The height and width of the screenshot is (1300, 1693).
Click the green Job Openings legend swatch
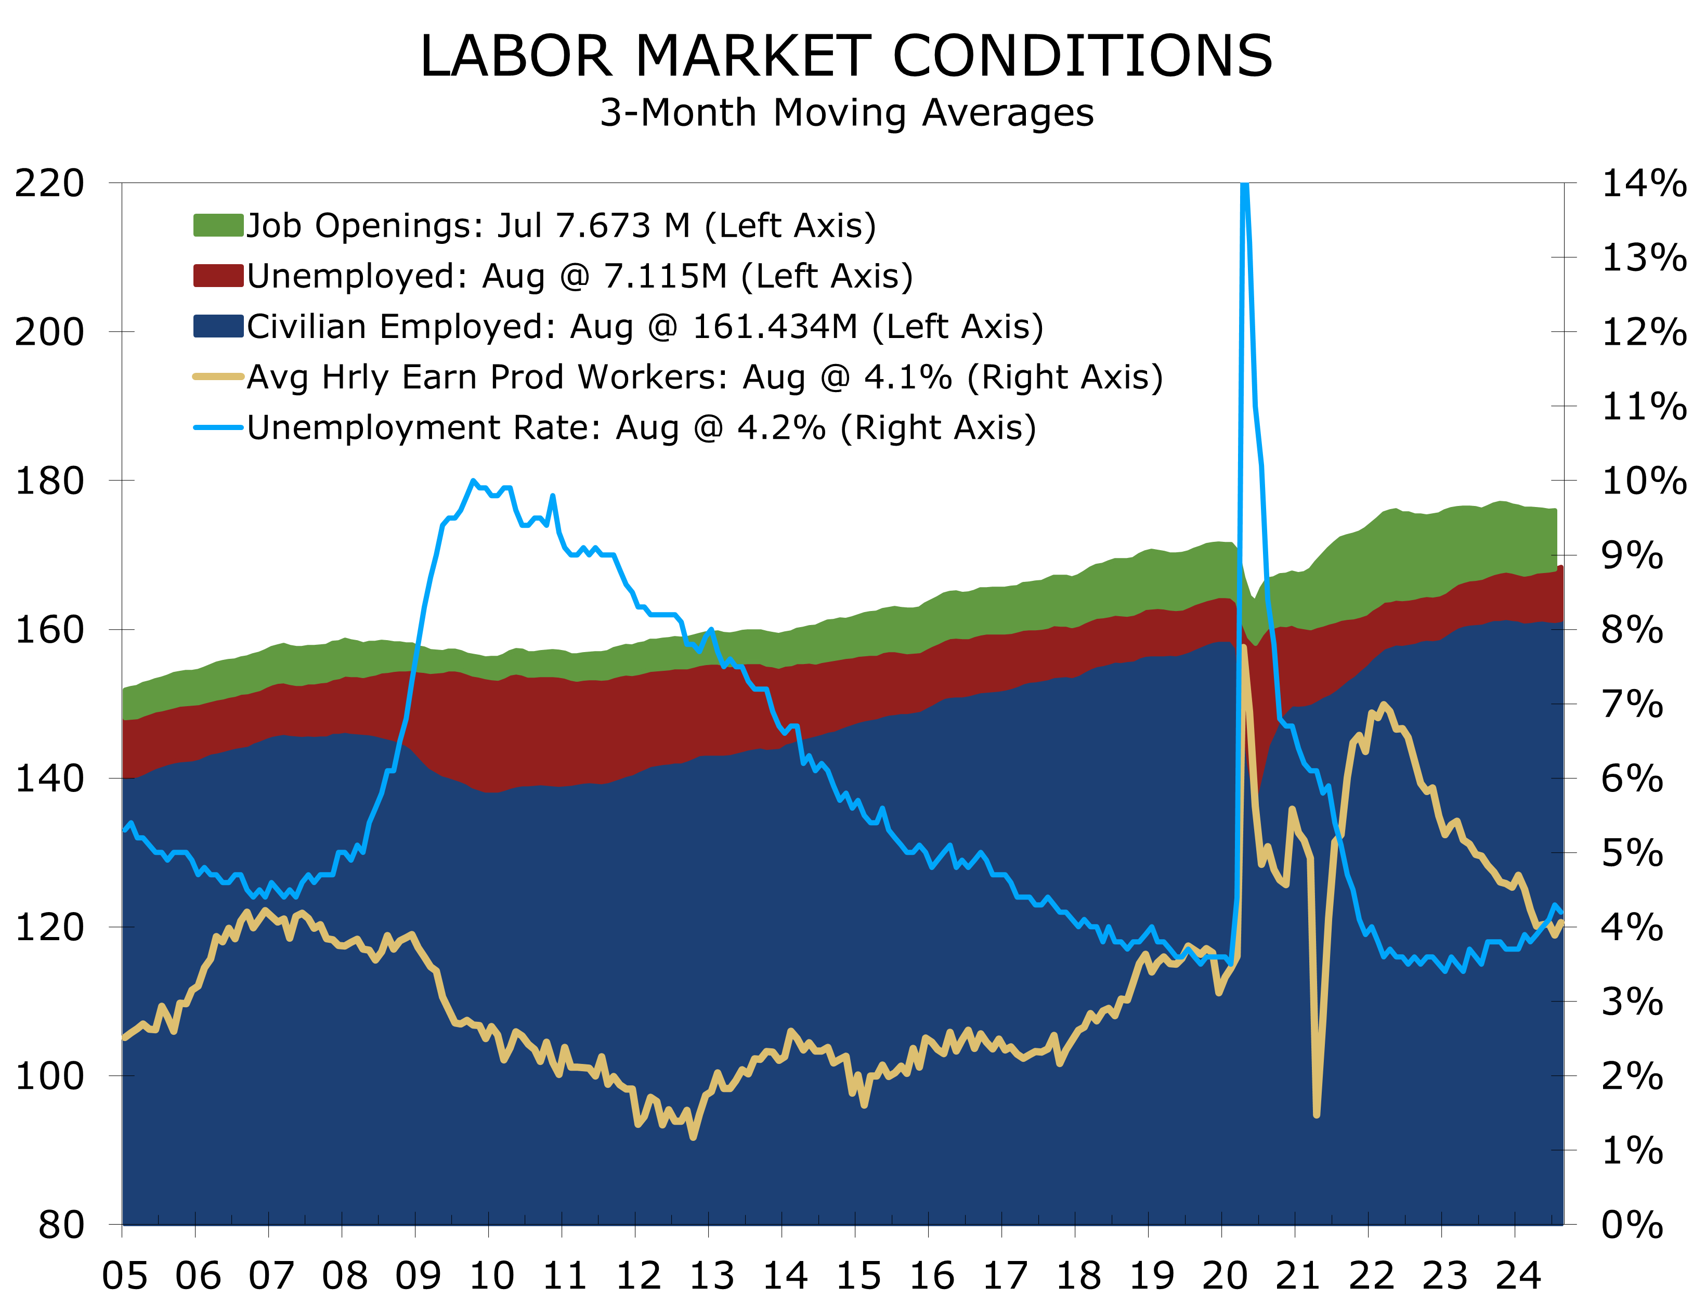(x=218, y=225)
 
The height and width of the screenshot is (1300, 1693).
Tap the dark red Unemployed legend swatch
(x=218, y=276)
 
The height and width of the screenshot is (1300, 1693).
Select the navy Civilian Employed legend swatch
(x=218, y=326)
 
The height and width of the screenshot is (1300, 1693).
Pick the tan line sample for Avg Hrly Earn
(x=218, y=377)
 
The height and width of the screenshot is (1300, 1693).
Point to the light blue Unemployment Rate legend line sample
(x=218, y=427)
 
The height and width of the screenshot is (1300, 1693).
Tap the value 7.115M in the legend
(x=666, y=276)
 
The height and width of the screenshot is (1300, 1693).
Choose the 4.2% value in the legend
(x=782, y=427)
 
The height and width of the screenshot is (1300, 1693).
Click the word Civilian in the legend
(x=306, y=326)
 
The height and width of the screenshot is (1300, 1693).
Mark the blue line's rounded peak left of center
(x=473, y=482)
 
